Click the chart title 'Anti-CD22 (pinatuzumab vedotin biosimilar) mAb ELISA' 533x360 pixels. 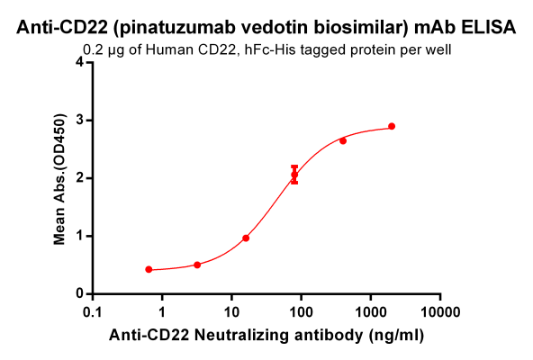tap(266, 28)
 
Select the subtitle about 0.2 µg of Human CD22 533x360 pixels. tap(266, 49)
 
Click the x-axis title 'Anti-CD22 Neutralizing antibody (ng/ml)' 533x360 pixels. tap(266, 335)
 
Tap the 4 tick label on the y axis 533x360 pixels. tap(79, 62)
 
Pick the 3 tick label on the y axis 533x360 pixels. tap(79, 120)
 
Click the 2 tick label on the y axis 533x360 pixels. tap(79, 178)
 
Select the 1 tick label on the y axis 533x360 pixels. tap(79, 236)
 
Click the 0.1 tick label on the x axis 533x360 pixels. tap(92, 311)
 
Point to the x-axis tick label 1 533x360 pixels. tap(162, 311)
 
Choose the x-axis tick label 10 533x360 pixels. tap(231, 311)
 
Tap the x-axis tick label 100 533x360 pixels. tap(301, 311)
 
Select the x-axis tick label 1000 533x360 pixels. tap(370, 311)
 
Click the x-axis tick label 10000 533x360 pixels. tap(439, 311)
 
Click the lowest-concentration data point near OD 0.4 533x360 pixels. tap(149, 269)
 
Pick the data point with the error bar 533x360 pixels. tap(294, 175)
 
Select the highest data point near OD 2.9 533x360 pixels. tap(392, 126)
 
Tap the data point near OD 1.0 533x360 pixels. tap(246, 238)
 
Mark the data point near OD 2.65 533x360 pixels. tap(343, 140)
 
